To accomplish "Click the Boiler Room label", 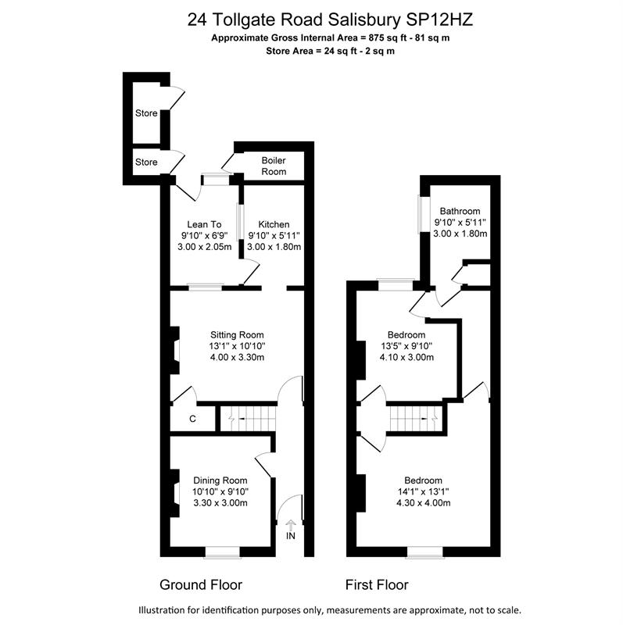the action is pyautogui.click(x=274, y=166).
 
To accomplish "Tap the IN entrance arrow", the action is pyautogui.click(x=291, y=524).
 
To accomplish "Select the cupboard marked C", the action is pyautogui.click(x=192, y=419).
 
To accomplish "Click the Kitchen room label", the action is pyautogui.click(x=274, y=224).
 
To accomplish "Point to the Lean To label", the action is pyautogui.click(x=204, y=224).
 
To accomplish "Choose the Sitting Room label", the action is pyautogui.click(x=237, y=335).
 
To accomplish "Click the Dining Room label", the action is pyautogui.click(x=220, y=480).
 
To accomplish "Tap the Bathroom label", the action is pyautogui.click(x=460, y=211).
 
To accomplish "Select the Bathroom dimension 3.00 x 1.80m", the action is pyautogui.click(x=460, y=234).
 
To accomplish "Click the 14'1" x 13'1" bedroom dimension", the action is pyautogui.click(x=423, y=492).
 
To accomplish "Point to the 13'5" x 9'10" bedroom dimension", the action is pyautogui.click(x=406, y=346).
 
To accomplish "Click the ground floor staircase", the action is pyautogui.click(x=248, y=419).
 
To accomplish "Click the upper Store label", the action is pyautogui.click(x=146, y=113).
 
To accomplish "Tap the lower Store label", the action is pyautogui.click(x=146, y=162).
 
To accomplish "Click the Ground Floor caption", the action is pyautogui.click(x=201, y=584).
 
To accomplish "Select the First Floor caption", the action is pyautogui.click(x=377, y=584).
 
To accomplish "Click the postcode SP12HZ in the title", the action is pyautogui.click(x=439, y=20).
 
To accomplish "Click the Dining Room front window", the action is pyautogui.click(x=223, y=552).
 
